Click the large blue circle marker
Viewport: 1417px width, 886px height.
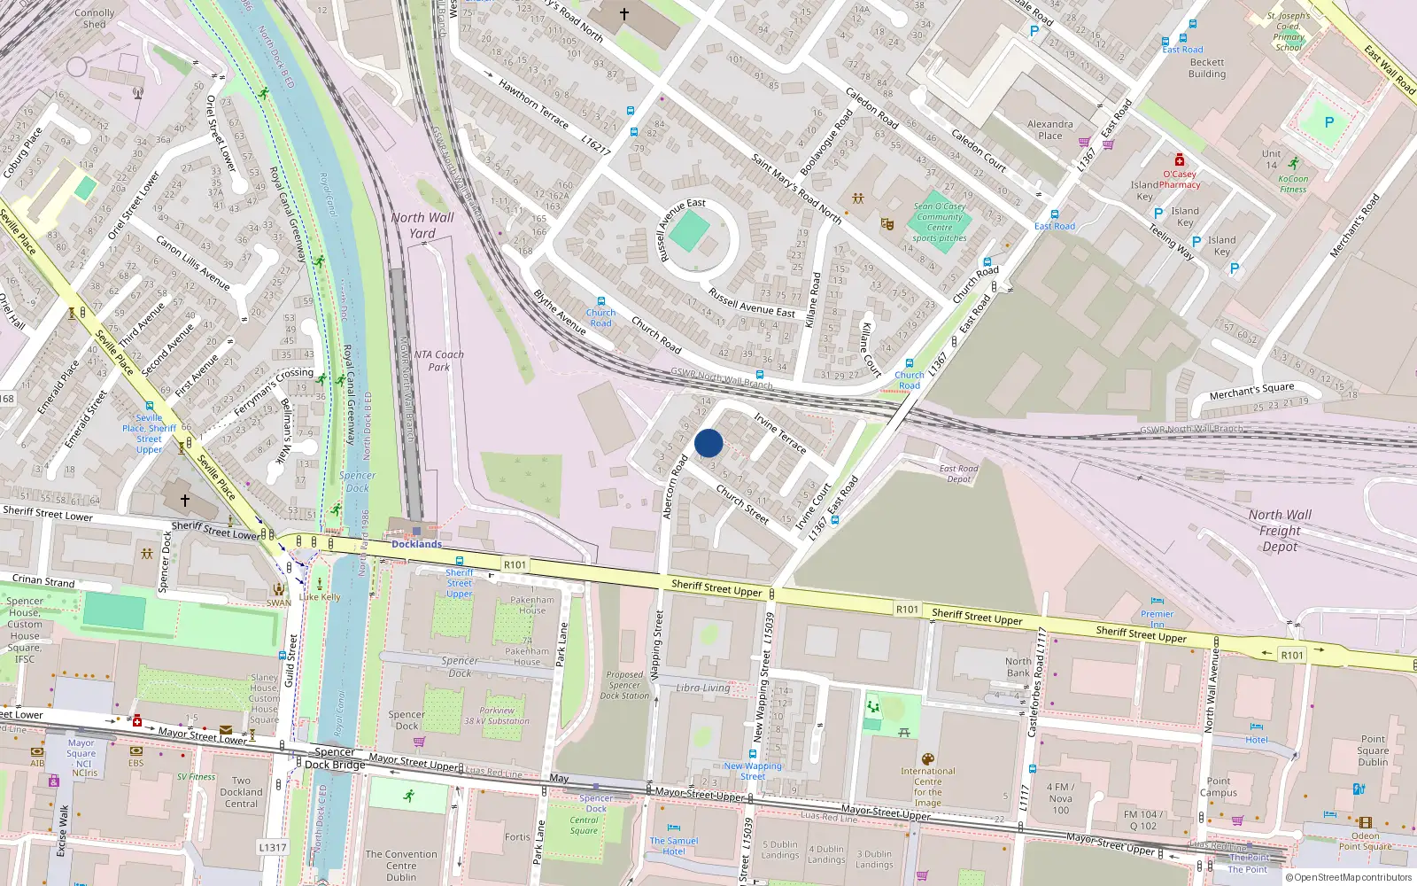click(708, 443)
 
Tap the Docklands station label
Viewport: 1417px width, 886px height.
click(416, 544)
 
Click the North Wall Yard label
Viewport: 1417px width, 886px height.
click(422, 225)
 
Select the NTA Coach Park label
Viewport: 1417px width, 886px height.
click(439, 361)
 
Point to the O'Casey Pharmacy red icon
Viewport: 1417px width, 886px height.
click(1179, 160)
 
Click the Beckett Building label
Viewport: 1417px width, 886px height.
click(1207, 68)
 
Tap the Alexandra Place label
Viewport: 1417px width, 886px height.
click(1050, 130)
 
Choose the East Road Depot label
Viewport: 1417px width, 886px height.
click(958, 474)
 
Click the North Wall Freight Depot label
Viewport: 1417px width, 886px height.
click(1281, 531)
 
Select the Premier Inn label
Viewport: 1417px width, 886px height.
click(1157, 618)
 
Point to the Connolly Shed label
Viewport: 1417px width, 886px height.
click(95, 19)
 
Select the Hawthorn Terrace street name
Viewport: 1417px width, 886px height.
click(533, 104)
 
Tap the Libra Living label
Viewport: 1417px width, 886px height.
click(703, 688)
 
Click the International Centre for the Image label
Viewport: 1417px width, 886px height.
click(927, 787)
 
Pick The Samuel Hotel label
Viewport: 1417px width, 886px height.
click(674, 846)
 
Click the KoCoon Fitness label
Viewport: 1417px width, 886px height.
click(1293, 183)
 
